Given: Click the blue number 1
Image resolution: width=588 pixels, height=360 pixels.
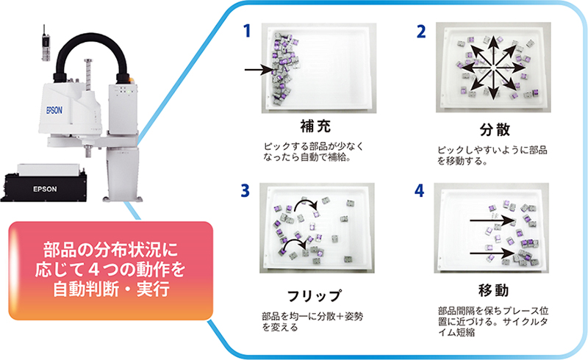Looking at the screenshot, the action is coord(247,31).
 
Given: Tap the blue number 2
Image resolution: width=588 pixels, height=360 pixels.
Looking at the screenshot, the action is coord(421,32).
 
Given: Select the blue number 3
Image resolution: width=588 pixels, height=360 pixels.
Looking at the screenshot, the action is coord(245,190).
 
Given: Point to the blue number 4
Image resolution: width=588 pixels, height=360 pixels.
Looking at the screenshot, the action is coord(419,190).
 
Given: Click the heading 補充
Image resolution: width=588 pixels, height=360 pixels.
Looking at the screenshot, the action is coord(315,126).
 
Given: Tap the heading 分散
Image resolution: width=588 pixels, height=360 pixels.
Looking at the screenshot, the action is coord(495,130).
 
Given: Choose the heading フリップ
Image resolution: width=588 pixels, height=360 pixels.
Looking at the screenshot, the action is coord(315,296).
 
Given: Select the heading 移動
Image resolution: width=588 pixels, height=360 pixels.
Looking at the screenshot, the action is coord(493,290).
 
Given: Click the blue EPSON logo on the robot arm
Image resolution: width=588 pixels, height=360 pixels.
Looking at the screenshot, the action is coord(54,110).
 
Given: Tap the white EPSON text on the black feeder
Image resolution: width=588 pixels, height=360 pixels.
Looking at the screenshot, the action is coord(45,189).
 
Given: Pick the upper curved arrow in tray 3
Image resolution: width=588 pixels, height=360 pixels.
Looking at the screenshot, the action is coord(305,201).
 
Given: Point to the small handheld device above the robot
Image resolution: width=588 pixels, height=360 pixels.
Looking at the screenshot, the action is coord(46,44).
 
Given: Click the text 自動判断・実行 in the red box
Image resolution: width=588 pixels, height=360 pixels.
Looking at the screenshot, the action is coord(112,289).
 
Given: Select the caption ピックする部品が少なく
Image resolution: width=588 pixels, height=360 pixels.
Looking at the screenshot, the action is coord(314,146).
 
